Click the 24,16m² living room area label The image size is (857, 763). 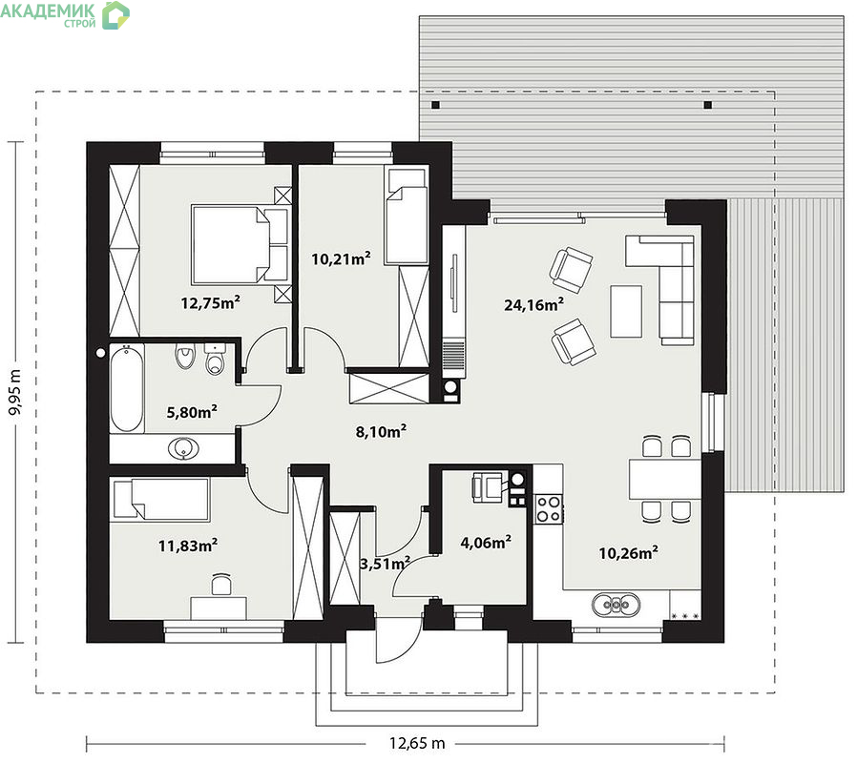533,304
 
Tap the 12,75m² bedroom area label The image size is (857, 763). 210,302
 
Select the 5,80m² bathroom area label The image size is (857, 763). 192,411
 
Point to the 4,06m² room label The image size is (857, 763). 486,542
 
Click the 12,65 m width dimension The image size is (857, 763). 417,743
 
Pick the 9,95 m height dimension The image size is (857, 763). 15,392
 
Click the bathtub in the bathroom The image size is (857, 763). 127,388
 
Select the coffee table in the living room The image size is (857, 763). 626,311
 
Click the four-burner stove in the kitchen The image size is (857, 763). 548,508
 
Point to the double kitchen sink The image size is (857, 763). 616,605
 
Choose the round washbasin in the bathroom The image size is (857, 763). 183,449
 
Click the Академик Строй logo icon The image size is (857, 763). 115,14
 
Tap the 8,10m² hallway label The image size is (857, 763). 381,431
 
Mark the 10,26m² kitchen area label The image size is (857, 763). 628,553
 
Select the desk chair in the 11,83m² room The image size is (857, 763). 220,584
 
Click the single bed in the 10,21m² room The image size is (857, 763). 407,217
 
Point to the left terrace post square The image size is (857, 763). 435,105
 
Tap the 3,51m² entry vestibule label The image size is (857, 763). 385,563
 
